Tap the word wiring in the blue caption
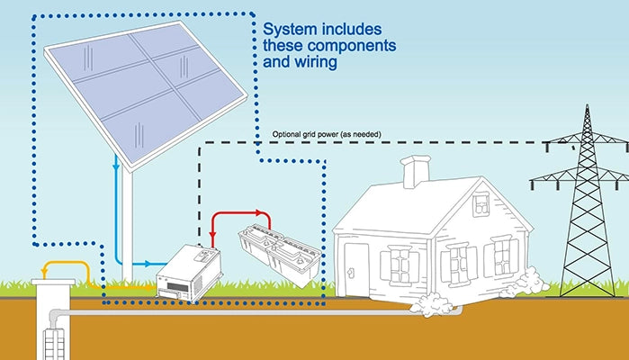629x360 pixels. click(x=311, y=63)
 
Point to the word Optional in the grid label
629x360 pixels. click(x=291, y=134)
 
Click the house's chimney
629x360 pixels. click(x=415, y=172)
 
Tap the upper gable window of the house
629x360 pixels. click(x=481, y=204)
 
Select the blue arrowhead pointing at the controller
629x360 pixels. click(x=150, y=264)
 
